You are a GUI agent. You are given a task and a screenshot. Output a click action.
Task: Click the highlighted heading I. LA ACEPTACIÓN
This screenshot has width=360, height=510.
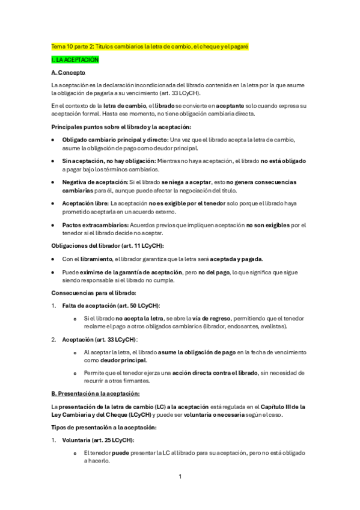coord(75,60)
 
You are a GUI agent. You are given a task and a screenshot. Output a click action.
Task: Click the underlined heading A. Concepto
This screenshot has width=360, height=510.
coord(70,73)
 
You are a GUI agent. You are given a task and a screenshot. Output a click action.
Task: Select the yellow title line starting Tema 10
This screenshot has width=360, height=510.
coord(150,46)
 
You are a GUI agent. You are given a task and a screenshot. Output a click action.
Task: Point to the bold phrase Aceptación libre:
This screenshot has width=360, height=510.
coord(85,204)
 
